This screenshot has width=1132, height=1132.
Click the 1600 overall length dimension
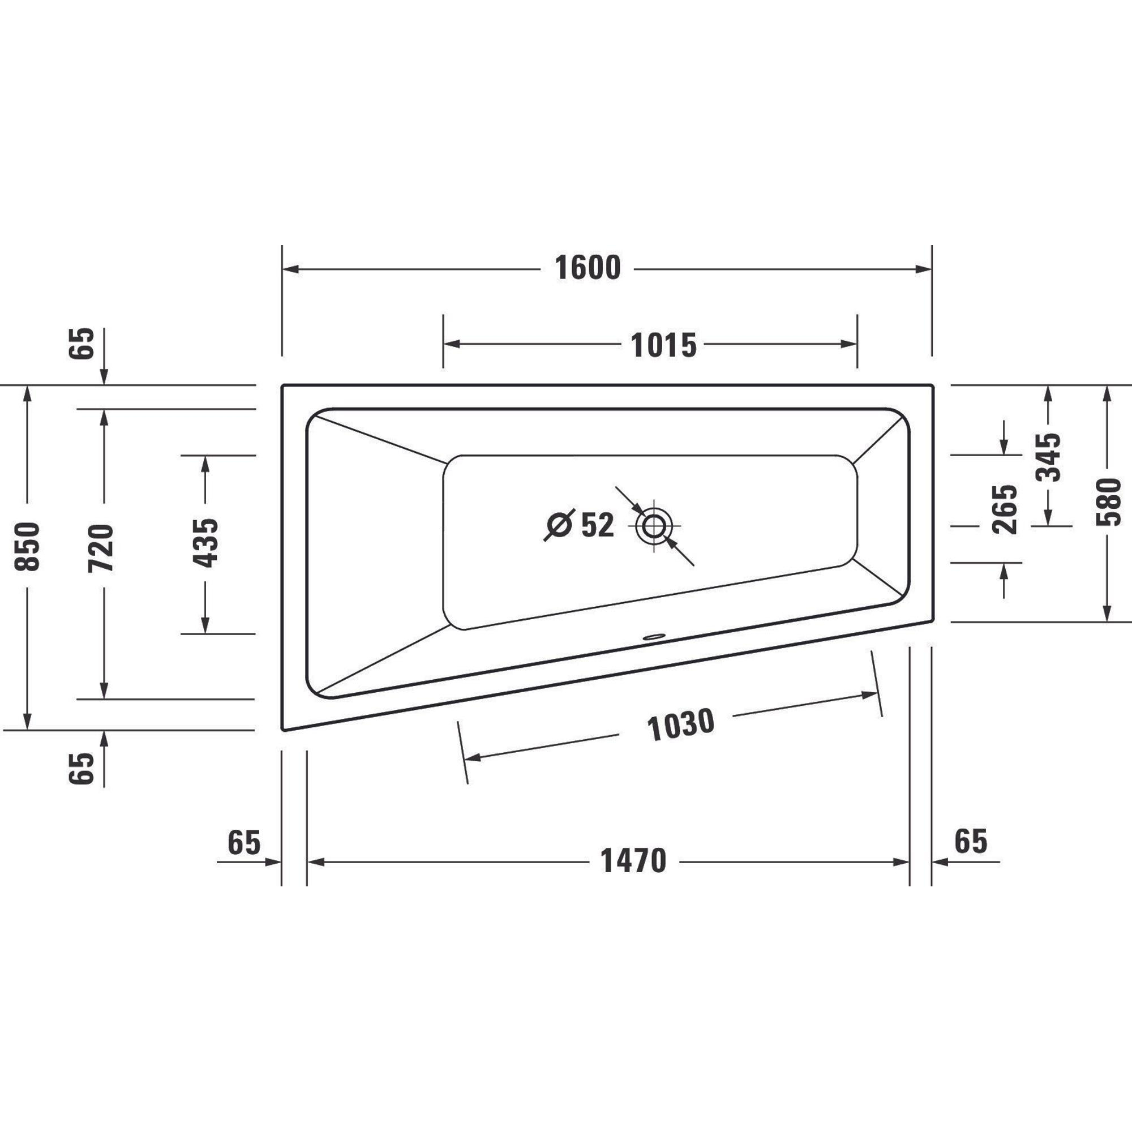(x=588, y=268)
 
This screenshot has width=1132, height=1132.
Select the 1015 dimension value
(x=663, y=345)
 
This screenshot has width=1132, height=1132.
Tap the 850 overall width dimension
(x=28, y=547)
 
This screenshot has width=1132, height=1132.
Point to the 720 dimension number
(x=101, y=548)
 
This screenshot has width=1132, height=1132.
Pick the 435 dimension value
(x=205, y=543)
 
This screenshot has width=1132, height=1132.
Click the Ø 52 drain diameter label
(x=580, y=525)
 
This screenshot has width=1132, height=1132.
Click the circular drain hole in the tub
(x=653, y=526)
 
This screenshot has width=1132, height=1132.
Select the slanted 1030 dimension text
(x=681, y=725)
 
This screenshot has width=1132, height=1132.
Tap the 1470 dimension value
(x=633, y=861)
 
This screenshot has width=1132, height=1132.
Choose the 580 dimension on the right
(x=1109, y=501)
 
